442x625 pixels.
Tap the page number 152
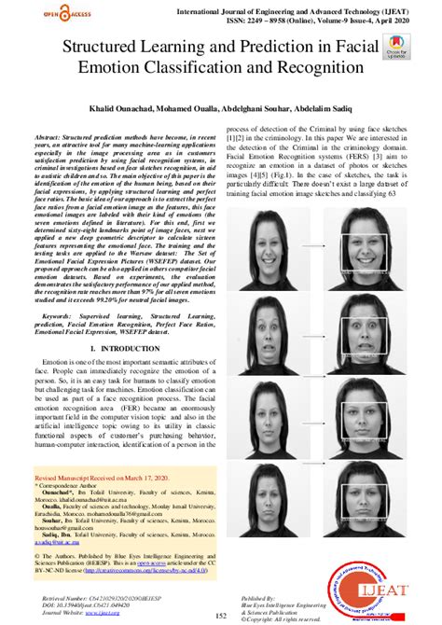[x=221, y=616]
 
